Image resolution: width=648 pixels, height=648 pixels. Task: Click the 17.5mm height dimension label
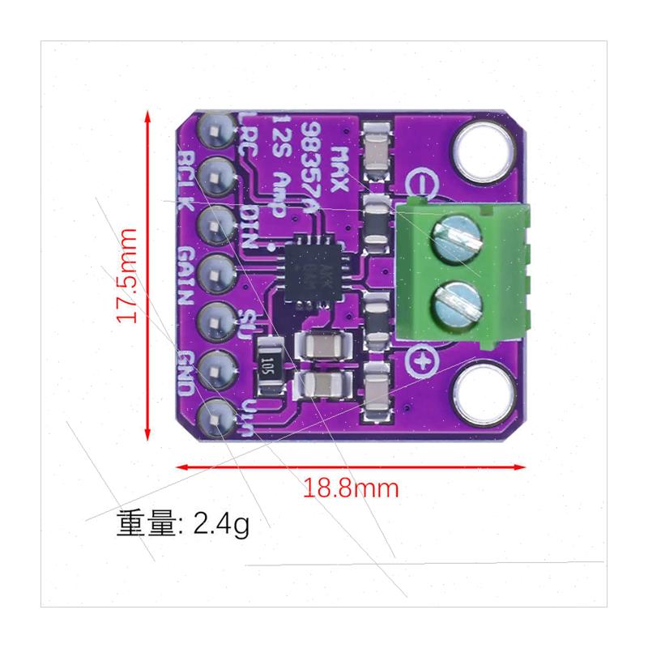tap(127, 275)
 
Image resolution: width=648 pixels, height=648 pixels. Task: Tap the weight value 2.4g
tap(221, 525)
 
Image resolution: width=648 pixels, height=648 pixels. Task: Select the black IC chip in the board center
tap(309, 268)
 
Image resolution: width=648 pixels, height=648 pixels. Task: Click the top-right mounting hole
tap(484, 150)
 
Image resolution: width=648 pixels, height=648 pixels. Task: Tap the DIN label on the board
tap(250, 227)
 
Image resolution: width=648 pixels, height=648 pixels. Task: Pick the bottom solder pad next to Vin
tap(216, 416)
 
